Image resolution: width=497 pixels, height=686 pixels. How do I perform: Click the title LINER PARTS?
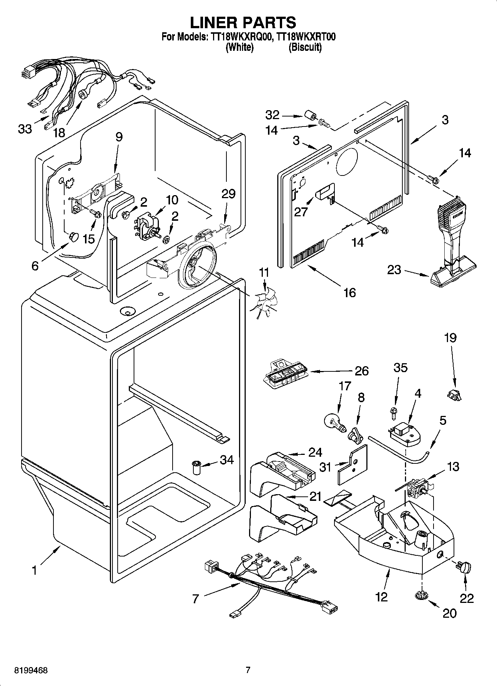[x=243, y=22]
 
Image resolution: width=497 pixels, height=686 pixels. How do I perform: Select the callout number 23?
[x=394, y=270]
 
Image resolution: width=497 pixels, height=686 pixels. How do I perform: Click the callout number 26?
[x=362, y=371]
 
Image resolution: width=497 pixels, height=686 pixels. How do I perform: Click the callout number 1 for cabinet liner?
[x=35, y=570]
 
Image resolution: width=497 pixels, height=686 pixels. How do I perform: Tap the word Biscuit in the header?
[x=305, y=47]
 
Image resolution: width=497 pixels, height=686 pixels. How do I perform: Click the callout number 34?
[x=227, y=460]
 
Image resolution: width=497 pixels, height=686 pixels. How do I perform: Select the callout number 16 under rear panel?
[x=350, y=292]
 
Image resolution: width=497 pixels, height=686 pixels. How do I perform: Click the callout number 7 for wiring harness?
[x=196, y=598]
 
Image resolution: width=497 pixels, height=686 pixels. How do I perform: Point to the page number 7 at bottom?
[x=248, y=670]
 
